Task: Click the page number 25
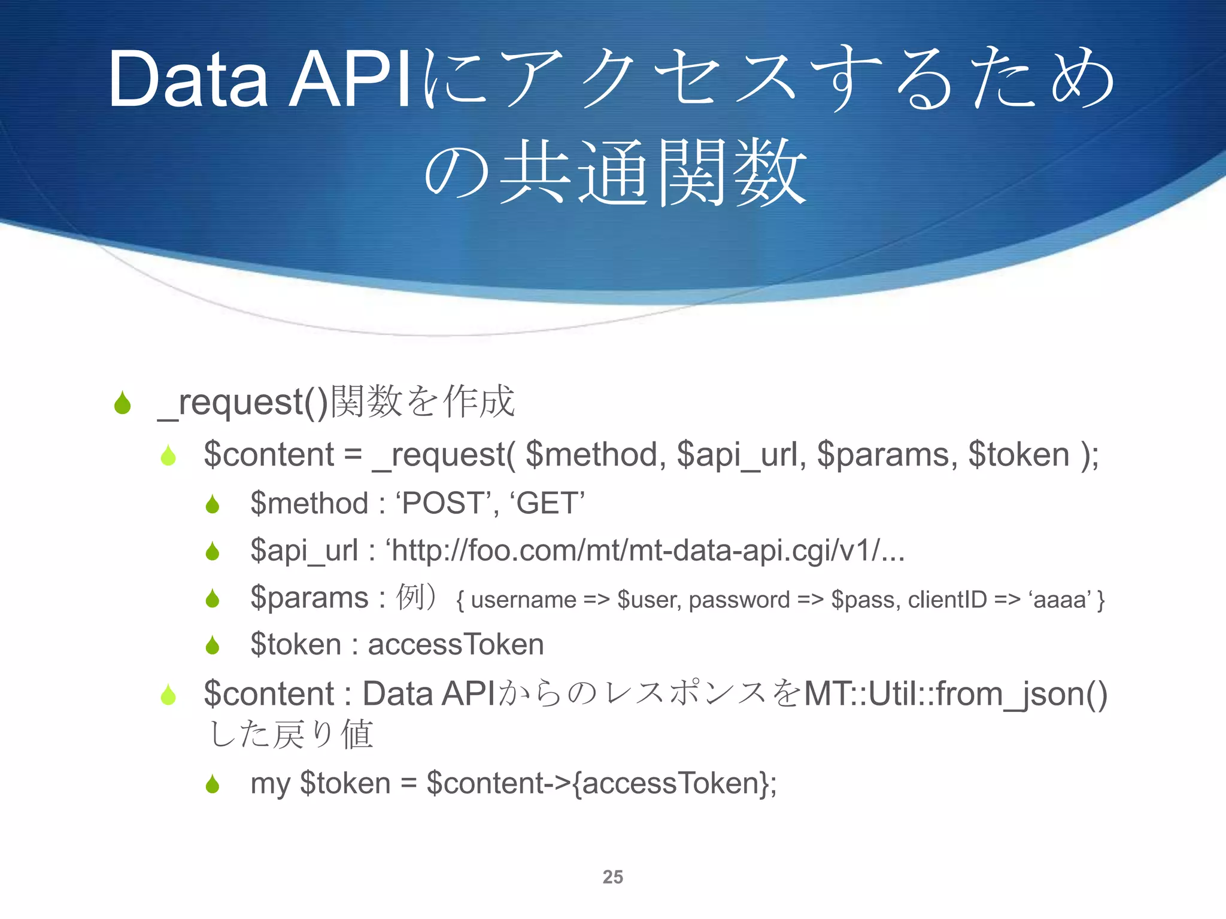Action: click(x=612, y=877)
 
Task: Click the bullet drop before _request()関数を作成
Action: click(x=123, y=403)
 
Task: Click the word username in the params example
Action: click(x=523, y=600)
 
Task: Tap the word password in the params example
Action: click(x=739, y=600)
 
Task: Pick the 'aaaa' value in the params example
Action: click(x=1060, y=600)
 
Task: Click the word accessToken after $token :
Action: click(x=456, y=644)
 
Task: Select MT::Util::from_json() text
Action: click(x=955, y=694)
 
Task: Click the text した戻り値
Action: click(x=291, y=734)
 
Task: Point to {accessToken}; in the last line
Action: click(x=674, y=783)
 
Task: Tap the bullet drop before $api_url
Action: click(x=213, y=551)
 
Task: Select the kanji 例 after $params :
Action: click(x=411, y=597)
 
